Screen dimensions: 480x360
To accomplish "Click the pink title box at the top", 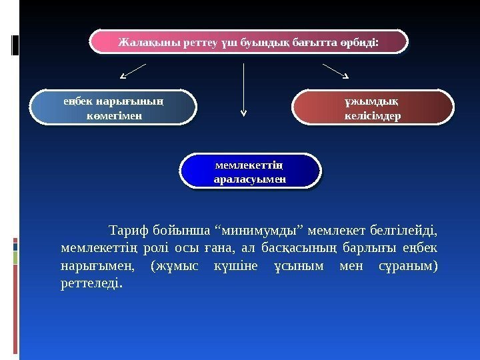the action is click(248, 41).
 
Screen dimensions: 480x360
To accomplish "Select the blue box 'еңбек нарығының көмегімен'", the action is click(115, 109).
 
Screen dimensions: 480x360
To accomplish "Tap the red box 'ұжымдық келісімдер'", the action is click(373, 109).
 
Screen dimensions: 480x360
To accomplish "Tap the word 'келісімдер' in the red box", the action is click(373, 115).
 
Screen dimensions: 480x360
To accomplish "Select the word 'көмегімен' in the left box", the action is click(115, 115).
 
